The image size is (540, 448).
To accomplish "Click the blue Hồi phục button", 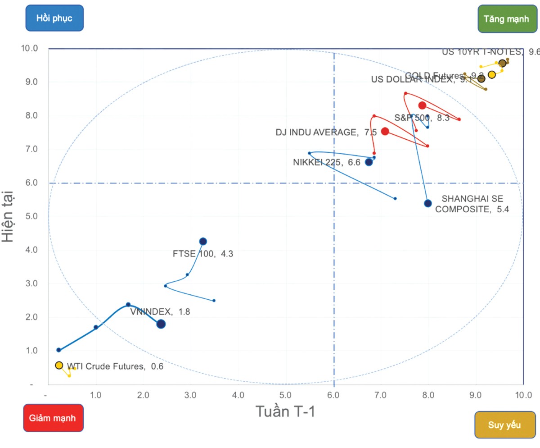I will click(54, 18).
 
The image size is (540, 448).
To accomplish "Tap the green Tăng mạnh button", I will click(506, 18).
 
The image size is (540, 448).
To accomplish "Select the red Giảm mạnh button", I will click(53, 418).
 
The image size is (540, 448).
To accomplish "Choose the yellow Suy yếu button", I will click(504, 425).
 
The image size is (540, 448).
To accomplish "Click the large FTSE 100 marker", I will click(203, 242).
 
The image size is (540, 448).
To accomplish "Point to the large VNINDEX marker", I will click(161, 324).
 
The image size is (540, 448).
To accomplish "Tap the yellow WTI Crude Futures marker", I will click(59, 366).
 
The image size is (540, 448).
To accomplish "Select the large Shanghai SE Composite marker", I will click(428, 203).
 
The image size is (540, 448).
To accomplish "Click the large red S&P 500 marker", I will click(422, 105).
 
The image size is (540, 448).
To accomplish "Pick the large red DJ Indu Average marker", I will click(385, 131).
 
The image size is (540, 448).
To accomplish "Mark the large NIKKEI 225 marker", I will click(369, 162).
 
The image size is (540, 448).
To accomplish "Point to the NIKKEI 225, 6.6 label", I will click(327, 163).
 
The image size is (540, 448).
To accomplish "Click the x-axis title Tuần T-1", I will click(285, 411).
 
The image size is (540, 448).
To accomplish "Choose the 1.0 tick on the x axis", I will click(96, 395).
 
